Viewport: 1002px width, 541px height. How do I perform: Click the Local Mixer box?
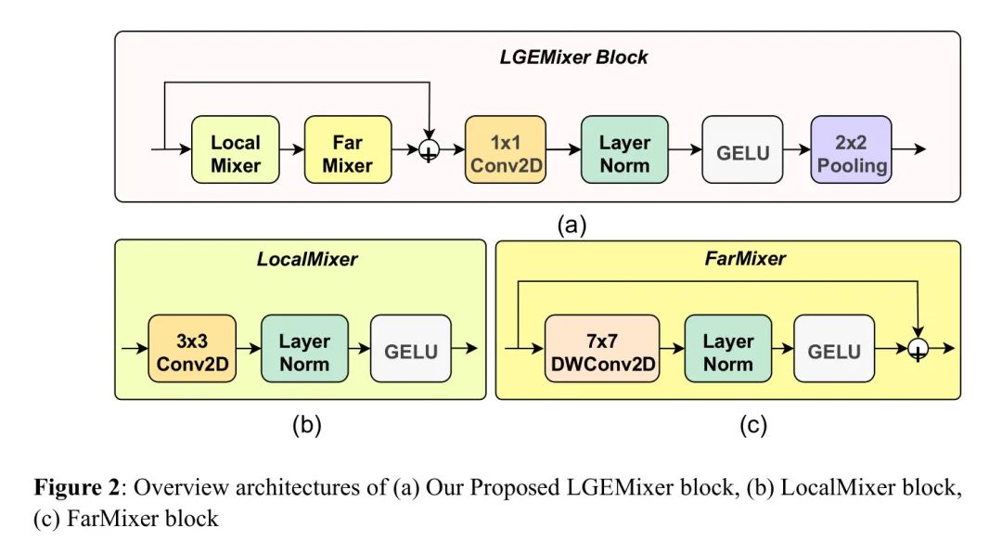(x=236, y=153)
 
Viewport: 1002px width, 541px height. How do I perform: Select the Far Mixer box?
(x=347, y=153)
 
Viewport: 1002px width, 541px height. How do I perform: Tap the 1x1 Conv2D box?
(x=504, y=153)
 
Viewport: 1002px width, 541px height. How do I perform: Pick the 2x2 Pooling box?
(x=850, y=153)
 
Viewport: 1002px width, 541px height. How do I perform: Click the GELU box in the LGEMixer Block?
(x=743, y=153)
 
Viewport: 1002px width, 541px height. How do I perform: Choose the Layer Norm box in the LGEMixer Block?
(x=624, y=153)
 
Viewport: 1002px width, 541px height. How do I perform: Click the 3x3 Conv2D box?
(x=192, y=352)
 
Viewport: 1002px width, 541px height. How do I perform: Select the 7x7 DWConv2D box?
(x=602, y=352)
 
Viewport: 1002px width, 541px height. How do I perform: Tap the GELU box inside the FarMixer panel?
(x=833, y=352)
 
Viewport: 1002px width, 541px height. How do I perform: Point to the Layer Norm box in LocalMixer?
(x=304, y=352)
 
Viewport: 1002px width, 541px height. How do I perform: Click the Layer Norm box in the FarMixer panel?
(x=727, y=352)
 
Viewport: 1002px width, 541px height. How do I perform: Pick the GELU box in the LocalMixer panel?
(x=410, y=352)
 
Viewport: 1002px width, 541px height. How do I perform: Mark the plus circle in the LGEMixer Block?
(x=429, y=151)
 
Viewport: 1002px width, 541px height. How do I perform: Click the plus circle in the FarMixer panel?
(x=918, y=351)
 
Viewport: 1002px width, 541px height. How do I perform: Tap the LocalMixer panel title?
(x=307, y=260)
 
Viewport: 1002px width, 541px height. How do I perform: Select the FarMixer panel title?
(x=747, y=259)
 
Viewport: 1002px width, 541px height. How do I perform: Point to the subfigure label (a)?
(x=572, y=225)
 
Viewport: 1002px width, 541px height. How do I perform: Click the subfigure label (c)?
(x=751, y=426)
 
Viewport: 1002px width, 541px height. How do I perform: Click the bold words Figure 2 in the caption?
(x=76, y=488)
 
